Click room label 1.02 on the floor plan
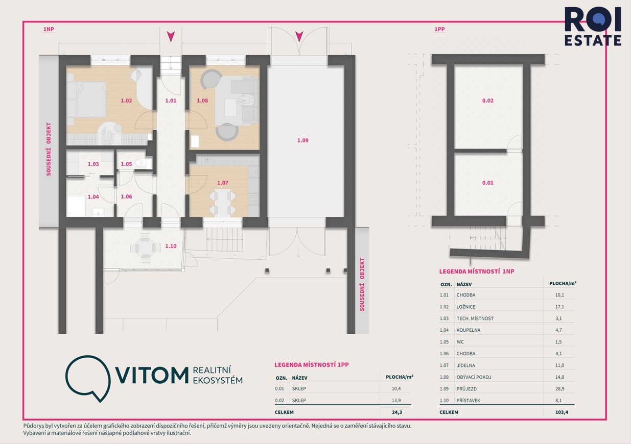126,101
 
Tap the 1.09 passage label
303,140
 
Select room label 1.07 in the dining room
223,183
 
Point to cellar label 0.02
487,101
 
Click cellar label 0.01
487,183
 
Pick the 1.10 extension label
171,246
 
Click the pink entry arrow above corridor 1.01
171,37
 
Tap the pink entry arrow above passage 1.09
299,37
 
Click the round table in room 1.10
145,248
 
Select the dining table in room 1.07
223,203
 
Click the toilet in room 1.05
141,162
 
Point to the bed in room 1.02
86,100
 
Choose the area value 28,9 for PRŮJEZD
560,388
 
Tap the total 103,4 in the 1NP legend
562,412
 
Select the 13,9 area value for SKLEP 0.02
396,400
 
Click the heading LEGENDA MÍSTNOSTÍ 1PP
312,365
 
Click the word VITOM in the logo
152,375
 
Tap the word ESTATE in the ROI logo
593,40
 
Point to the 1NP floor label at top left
49,29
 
